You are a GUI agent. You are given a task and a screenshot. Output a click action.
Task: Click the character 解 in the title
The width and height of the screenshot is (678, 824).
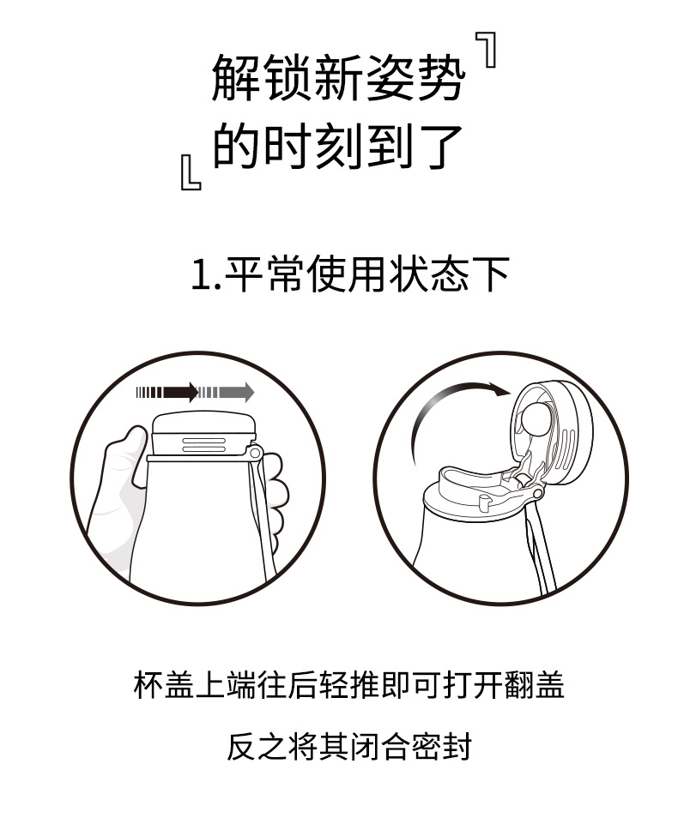tap(236, 77)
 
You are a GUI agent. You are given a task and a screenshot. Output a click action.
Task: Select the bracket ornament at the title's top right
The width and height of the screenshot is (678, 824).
tap(487, 50)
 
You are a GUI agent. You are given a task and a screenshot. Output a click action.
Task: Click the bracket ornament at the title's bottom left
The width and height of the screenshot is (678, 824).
tap(191, 171)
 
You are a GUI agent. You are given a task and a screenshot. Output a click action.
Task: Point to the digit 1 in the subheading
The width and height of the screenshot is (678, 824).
tap(201, 274)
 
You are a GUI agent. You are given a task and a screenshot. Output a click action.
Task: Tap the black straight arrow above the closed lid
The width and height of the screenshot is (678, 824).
tap(167, 392)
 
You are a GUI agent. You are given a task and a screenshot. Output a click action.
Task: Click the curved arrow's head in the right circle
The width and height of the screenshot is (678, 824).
tap(499, 390)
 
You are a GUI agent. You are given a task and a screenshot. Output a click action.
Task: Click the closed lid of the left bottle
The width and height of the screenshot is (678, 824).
tap(203, 434)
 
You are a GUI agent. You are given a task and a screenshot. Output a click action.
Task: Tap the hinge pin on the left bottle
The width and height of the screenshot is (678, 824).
tap(255, 452)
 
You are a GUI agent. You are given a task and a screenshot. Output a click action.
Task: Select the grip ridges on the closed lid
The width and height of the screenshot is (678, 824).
tap(204, 444)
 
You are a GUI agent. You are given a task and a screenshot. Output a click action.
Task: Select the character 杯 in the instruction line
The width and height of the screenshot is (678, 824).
tap(149, 684)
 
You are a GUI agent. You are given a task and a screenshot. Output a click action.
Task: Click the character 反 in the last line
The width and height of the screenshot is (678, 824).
tap(242, 746)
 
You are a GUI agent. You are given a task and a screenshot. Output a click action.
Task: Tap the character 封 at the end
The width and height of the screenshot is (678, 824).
tap(456, 746)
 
